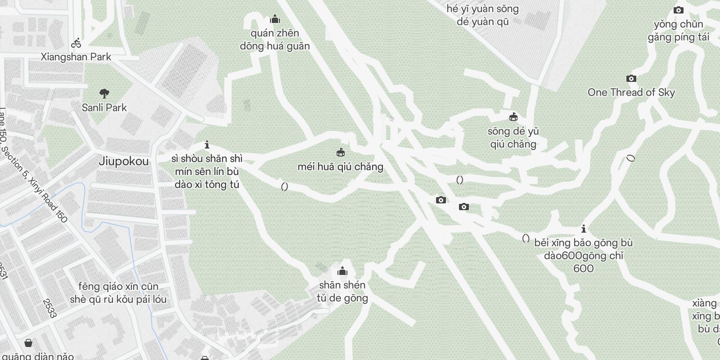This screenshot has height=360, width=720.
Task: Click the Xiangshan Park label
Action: (76, 57)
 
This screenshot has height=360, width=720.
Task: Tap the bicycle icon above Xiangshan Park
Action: (76, 43)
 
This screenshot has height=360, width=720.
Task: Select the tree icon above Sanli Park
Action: (104, 94)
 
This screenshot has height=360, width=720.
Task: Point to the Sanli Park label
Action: (104, 108)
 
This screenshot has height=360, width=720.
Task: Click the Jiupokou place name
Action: (123, 162)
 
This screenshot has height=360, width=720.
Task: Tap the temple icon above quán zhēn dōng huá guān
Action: (274, 19)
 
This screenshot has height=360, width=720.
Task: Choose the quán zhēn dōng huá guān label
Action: (274, 40)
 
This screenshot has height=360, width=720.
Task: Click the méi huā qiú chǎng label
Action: (340, 167)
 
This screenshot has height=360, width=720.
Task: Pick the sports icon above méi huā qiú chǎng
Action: (341, 153)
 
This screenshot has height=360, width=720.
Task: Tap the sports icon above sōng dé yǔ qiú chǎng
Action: (513, 117)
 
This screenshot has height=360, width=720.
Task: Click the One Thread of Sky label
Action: (631, 93)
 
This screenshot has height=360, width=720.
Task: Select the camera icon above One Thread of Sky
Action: (631, 79)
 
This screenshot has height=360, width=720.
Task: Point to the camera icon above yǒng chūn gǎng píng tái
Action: (678, 10)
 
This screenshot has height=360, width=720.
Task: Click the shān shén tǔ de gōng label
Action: (342, 292)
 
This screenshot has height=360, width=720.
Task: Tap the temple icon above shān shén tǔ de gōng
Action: (342, 271)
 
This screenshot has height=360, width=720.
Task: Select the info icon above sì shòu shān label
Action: (207, 145)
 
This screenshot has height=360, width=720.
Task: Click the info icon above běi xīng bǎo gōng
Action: (584, 229)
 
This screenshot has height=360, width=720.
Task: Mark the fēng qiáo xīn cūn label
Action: (118, 293)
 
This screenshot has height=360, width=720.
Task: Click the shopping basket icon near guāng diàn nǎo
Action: (28, 343)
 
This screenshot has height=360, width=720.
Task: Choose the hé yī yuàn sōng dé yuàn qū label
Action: (482, 15)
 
